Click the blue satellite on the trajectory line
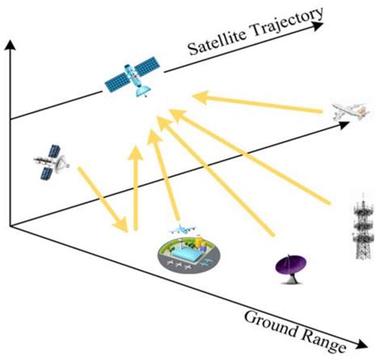(x=133, y=78)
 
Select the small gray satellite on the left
(x=50, y=163)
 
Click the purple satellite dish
(x=289, y=265)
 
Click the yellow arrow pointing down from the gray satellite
(x=102, y=197)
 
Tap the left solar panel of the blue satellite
(x=117, y=81)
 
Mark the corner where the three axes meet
(x=10, y=227)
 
